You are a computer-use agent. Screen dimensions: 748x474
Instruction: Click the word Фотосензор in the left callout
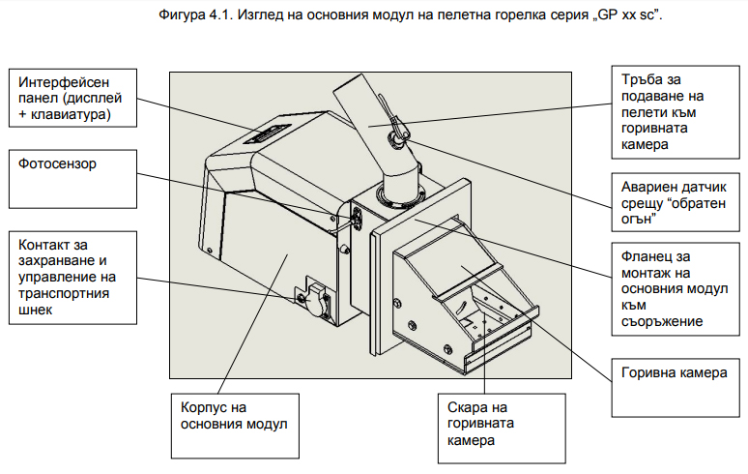[57, 163]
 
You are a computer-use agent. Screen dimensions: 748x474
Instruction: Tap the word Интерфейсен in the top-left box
[64, 82]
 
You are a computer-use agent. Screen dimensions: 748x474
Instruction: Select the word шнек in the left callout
[36, 310]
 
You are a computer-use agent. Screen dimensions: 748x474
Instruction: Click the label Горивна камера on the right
[674, 372]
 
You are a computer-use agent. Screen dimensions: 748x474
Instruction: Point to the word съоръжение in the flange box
[662, 321]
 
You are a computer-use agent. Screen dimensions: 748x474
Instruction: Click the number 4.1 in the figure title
[220, 15]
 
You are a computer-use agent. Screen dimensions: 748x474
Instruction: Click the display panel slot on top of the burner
[267, 133]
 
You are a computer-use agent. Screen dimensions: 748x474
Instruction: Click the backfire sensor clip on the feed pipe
[397, 133]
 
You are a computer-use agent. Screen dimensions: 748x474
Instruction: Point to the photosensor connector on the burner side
[357, 219]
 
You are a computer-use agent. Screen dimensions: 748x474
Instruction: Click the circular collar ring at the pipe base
[400, 199]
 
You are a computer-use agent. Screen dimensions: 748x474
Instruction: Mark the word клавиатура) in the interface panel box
[71, 114]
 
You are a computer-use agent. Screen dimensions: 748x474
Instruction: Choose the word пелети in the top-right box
[642, 112]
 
